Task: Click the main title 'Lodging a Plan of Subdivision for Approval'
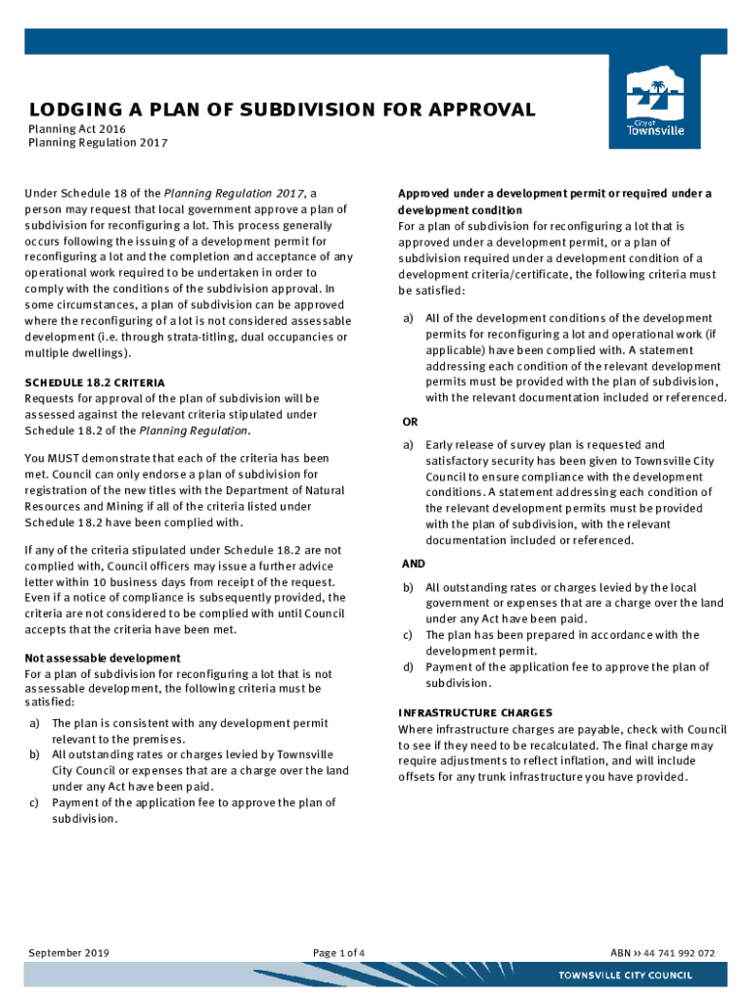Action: [283, 110]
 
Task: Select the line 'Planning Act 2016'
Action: [76, 129]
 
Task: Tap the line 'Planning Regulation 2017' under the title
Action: [98, 144]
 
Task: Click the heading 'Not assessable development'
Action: [103, 658]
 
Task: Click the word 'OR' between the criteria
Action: [411, 423]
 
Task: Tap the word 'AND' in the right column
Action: [414, 565]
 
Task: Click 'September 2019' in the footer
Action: [68, 953]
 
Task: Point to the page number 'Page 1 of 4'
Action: [339, 953]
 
